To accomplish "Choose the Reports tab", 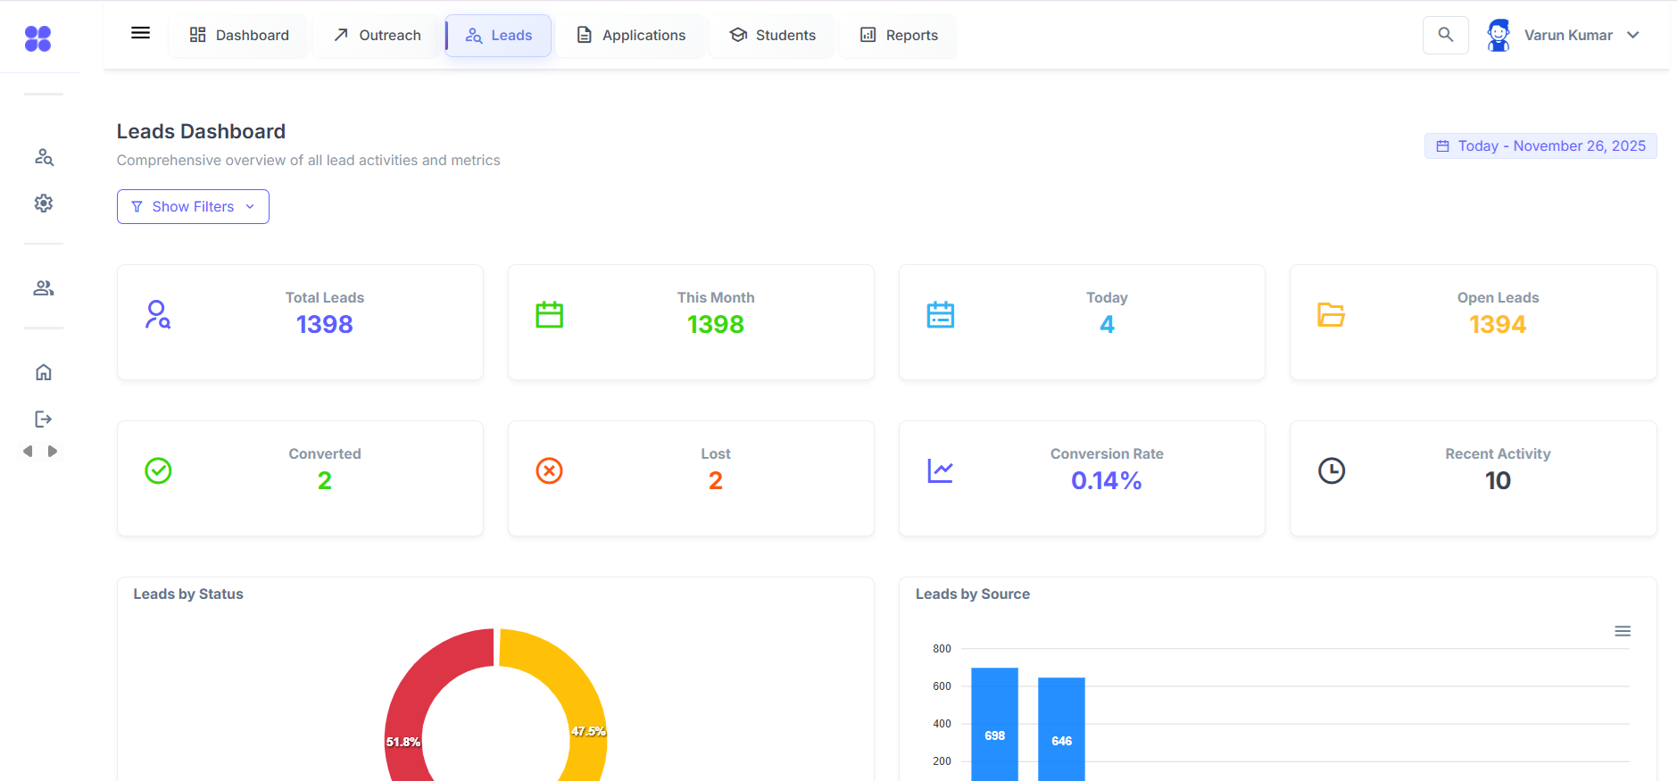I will tap(899, 36).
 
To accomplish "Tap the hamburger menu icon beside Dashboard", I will tap(140, 33).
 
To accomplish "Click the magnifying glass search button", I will tap(1445, 36).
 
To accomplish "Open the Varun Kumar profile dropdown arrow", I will tap(1633, 36).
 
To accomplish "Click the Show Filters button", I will tap(193, 206).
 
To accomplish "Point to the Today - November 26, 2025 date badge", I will tap(1540, 146).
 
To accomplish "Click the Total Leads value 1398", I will tap(325, 324).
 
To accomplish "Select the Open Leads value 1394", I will tap(1498, 324).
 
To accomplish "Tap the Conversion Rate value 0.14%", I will tap(1107, 480).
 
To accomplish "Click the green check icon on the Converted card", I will tap(158, 470).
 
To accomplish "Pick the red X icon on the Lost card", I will tap(549, 470).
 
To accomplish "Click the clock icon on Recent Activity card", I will tap(1332, 470).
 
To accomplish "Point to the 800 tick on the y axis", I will tap(942, 649).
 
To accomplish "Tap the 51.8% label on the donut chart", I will tap(403, 742).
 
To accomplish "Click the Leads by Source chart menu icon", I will tap(1623, 631).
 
